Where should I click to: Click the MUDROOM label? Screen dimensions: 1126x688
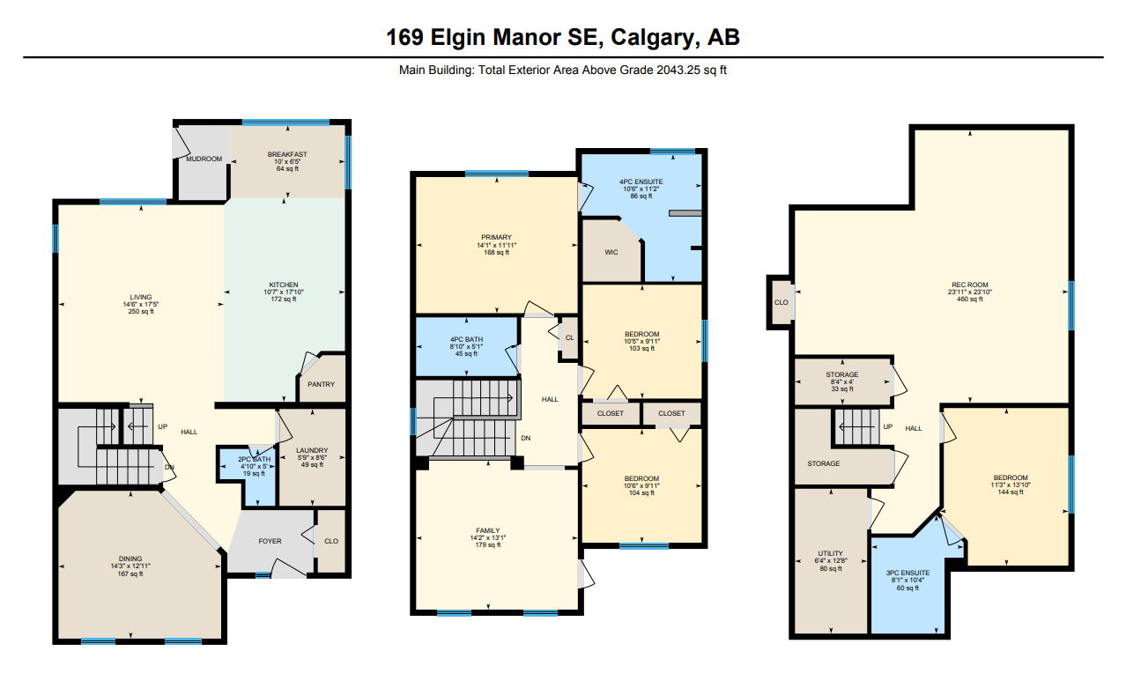pos(204,159)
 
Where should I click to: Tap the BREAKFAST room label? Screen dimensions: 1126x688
pos(287,154)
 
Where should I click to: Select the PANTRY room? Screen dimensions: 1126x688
pos(321,384)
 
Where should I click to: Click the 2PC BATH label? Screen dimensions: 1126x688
pos(254,459)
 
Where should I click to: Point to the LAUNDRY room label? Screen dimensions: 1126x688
pos(312,450)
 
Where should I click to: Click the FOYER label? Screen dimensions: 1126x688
pos(270,541)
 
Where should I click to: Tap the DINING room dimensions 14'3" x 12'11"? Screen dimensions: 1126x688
pos(130,566)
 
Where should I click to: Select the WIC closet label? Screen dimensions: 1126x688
pos(611,252)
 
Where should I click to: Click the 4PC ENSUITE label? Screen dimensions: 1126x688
pos(641,181)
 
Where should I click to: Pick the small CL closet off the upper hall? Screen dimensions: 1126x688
pos(569,337)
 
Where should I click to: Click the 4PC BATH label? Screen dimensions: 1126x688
pos(466,339)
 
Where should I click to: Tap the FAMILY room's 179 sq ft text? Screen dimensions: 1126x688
pos(487,544)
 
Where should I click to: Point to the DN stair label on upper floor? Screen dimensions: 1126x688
pos(526,438)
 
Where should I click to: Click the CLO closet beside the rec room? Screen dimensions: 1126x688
pos(782,302)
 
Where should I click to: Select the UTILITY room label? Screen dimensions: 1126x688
pos(831,553)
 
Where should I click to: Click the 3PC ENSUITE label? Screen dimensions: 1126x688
pos(907,573)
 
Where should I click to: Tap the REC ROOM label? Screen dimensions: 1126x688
pos(970,285)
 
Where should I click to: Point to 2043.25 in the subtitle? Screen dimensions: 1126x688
pos(678,70)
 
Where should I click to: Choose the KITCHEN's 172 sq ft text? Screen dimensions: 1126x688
pos(284,299)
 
